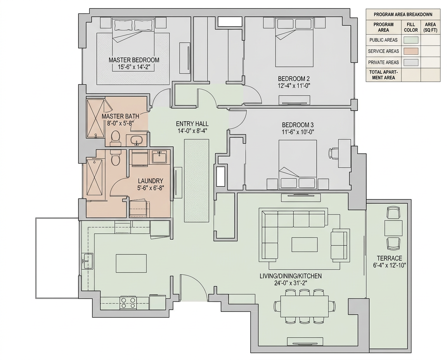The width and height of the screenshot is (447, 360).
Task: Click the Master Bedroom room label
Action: [134, 60]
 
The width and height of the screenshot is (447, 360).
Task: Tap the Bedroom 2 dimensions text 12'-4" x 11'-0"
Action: [294, 85]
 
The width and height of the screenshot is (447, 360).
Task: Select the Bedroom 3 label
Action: [298, 125]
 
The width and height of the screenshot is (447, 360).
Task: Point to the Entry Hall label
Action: [192, 124]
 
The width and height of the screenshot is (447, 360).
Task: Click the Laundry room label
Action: [151, 181]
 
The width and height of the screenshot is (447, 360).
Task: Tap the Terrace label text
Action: [390, 258]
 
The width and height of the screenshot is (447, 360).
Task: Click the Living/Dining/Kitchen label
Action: [291, 276]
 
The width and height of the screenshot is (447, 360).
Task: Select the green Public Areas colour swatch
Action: [411, 40]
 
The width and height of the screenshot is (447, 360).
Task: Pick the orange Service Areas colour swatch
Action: [411, 51]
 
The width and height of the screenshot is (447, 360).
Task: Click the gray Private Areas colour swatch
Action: [411, 62]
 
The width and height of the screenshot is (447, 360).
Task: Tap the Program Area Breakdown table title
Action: [403, 14]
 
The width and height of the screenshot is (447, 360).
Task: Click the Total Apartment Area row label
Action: [383, 75]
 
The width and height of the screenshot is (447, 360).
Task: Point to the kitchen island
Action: [132, 263]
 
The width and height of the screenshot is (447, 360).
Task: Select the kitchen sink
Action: [88, 261]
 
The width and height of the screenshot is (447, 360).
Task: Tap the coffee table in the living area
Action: [305, 244]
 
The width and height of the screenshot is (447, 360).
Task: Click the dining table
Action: [304, 306]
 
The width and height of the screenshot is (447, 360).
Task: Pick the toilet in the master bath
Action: [116, 137]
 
